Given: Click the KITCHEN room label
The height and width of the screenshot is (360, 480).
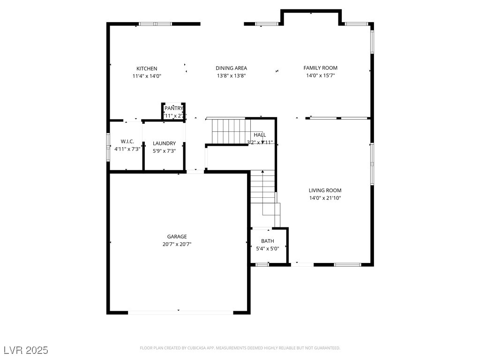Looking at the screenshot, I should point(147,68).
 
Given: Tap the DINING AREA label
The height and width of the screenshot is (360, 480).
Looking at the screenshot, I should point(231,68).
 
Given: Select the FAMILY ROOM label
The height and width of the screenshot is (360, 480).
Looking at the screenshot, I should point(320,68).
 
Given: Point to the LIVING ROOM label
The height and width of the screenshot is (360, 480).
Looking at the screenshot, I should point(325,190).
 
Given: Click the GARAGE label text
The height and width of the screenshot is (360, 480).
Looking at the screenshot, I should point(177,237).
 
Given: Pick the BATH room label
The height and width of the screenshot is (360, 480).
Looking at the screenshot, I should point(268,241).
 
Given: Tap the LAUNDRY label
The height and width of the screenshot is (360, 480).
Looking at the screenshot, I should point(164,143).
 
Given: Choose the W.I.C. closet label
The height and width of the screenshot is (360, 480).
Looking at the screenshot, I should point(127,141).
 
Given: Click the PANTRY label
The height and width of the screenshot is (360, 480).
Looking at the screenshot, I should point(173,108).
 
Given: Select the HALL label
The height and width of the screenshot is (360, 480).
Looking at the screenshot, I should point(260,135).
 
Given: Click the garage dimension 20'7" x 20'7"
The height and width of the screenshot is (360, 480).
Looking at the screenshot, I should point(177,244).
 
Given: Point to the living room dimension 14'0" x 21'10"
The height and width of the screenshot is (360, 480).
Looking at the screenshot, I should point(325,198).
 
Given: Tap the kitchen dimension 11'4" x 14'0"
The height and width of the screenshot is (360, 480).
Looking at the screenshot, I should point(147,76).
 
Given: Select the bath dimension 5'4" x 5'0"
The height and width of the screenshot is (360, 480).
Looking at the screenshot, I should point(268,248).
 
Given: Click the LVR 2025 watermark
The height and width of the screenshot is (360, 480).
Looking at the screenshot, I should point(26,350).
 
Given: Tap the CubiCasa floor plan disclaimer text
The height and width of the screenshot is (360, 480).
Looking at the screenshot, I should point(240,348).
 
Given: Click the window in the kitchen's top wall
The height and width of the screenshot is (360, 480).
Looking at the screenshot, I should point(156,24).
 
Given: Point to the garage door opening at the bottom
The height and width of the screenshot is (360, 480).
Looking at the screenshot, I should point(180,312).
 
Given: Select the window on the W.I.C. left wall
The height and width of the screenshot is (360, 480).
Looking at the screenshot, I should point(108,148).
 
